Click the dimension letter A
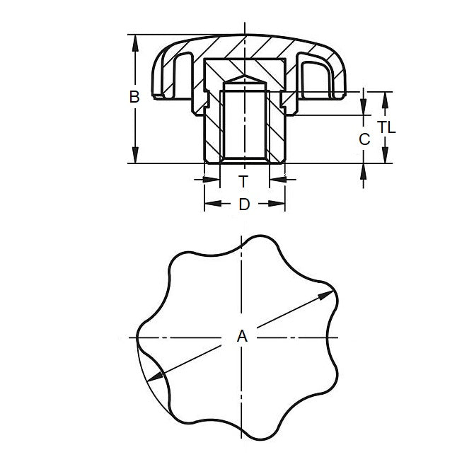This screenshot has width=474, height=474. pyautogui.click(x=242, y=338)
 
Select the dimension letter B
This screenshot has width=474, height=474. pyautogui.click(x=134, y=98)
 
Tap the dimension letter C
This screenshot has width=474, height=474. pyautogui.click(x=364, y=139)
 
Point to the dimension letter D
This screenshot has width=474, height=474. pyautogui.click(x=244, y=204)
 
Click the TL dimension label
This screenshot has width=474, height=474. pyautogui.click(x=386, y=128)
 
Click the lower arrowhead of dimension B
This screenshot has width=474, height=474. pyautogui.click(x=134, y=158)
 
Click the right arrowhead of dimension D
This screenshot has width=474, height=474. pyautogui.click(x=280, y=204)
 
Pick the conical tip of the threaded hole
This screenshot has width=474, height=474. pyautogui.click(x=244, y=80)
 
